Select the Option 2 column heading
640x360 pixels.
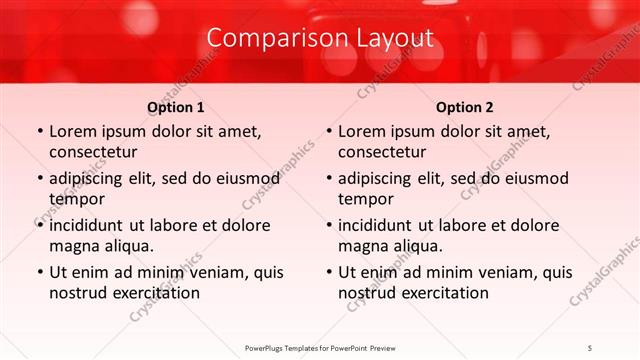click(464, 107)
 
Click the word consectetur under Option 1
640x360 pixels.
click(93, 152)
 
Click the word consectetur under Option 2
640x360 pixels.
click(382, 152)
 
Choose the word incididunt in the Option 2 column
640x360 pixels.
click(381, 226)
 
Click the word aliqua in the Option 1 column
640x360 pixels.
click(128, 246)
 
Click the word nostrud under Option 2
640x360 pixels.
click(366, 293)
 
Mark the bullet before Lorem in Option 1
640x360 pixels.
click(39, 132)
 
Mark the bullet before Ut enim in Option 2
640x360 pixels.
click(328, 273)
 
